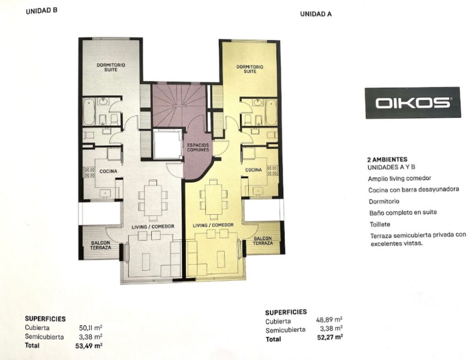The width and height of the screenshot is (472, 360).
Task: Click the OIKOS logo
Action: [x=413, y=103]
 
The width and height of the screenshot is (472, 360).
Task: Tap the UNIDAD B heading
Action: [x=41, y=11]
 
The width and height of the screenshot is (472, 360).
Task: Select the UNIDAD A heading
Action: [x=316, y=14]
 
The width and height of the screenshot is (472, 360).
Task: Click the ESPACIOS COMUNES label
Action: [x=198, y=148]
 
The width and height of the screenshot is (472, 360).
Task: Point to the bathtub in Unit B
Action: [x=89, y=112]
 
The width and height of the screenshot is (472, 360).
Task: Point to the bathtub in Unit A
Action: [x=271, y=113]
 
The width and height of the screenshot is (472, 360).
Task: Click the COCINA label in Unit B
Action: [x=109, y=172]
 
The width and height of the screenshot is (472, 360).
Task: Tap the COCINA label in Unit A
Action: [x=254, y=170]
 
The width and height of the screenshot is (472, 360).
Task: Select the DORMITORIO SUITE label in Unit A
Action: [x=250, y=69]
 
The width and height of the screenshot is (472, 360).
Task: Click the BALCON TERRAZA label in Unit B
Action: [x=101, y=245]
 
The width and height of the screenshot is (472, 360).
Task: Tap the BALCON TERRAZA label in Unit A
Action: [x=263, y=241]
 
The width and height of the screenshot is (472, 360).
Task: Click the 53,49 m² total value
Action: [x=89, y=346]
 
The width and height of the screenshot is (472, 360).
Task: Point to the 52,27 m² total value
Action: [x=330, y=337]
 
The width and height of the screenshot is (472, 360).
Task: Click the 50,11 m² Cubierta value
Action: [x=91, y=328]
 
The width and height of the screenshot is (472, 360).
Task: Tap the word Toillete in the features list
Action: [x=380, y=224]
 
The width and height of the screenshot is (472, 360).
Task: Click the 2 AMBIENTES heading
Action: [x=387, y=160]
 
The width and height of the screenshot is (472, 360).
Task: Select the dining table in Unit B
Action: [x=152, y=199]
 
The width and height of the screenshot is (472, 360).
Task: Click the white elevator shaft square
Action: [x=167, y=144]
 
